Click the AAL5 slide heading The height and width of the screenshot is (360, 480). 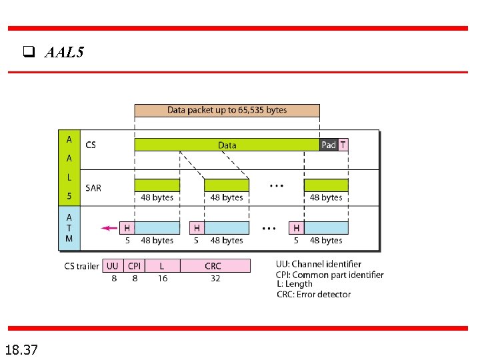click(x=64, y=53)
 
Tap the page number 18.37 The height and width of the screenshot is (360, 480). click(x=21, y=349)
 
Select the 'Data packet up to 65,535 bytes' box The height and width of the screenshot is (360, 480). click(x=227, y=110)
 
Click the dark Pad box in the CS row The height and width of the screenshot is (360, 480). click(x=329, y=145)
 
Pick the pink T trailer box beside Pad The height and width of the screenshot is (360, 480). click(x=343, y=145)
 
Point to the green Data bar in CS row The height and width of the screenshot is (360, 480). click(x=227, y=145)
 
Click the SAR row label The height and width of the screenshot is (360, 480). click(x=93, y=188)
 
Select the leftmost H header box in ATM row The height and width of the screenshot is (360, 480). click(x=127, y=228)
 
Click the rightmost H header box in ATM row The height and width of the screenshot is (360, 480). click(x=296, y=228)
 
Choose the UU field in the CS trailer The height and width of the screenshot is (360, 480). click(x=113, y=266)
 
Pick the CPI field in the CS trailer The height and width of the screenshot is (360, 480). click(x=134, y=266)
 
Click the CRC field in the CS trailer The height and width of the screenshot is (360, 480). click(x=213, y=266)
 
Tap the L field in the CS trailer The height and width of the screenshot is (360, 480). click(x=162, y=266)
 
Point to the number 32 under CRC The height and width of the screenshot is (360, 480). click(x=215, y=279)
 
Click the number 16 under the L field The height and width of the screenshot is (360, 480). click(x=163, y=279)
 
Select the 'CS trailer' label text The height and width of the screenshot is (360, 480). click(x=81, y=266)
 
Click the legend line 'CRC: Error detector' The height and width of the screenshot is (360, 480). click(x=313, y=294)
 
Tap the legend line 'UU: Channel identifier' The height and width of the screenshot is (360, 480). click(x=319, y=265)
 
